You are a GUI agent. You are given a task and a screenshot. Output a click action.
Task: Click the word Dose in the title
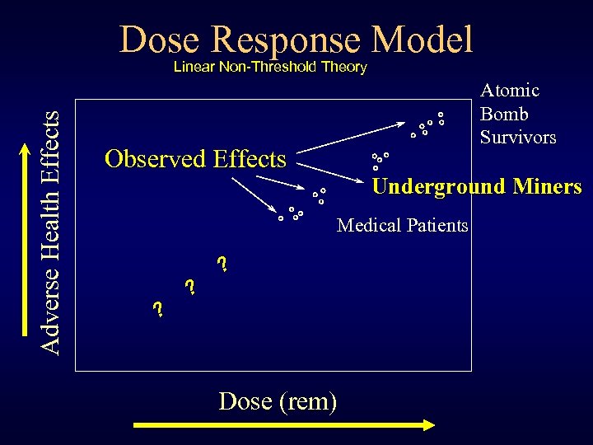click(161, 40)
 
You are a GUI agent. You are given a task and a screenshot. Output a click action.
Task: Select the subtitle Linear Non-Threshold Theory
click(269, 68)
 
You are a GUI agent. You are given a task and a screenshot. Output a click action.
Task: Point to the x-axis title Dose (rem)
click(278, 401)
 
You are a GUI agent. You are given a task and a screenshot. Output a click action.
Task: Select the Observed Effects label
click(195, 158)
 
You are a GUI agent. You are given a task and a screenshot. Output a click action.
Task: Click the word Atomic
click(510, 91)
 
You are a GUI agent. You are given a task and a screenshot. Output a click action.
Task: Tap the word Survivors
click(518, 137)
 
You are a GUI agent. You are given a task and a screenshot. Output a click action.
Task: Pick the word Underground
click(438, 186)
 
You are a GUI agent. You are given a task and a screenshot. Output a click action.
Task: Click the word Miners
click(547, 186)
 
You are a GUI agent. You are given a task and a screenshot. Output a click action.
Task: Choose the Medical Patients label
click(403, 225)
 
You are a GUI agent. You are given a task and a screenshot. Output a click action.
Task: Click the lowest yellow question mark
click(158, 310)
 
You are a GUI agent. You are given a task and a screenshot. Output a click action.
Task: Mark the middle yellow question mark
click(190, 287)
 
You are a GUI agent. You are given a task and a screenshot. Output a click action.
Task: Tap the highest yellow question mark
click(222, 265)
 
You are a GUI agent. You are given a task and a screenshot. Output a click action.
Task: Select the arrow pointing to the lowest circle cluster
click(250, 192)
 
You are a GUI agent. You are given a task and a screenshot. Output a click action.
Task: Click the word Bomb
click(504, 114)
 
